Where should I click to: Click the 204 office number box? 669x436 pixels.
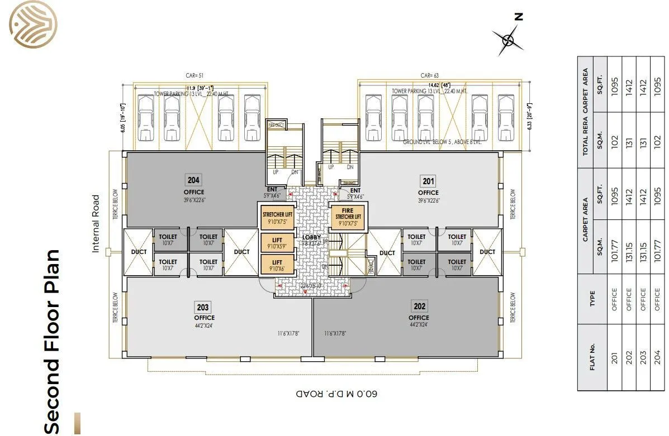point(194,180)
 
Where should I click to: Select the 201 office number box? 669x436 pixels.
point(428,181)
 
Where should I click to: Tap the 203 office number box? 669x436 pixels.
point(203,306)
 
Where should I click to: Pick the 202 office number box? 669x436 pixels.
point(419,306)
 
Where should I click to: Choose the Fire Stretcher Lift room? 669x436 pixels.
point(348,217)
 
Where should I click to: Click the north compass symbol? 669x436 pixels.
point(509,39)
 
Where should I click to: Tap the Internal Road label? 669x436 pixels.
point(96,223)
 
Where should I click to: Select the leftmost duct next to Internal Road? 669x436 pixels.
point(139,252)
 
